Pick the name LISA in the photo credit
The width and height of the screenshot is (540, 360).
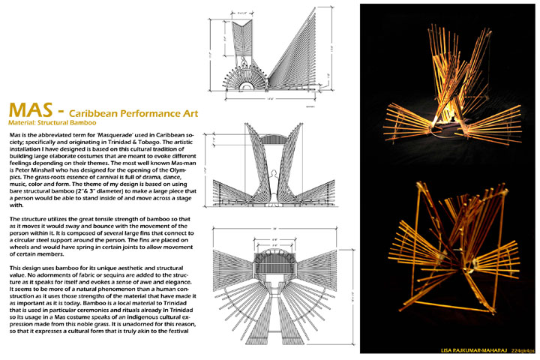click(448, 350)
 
